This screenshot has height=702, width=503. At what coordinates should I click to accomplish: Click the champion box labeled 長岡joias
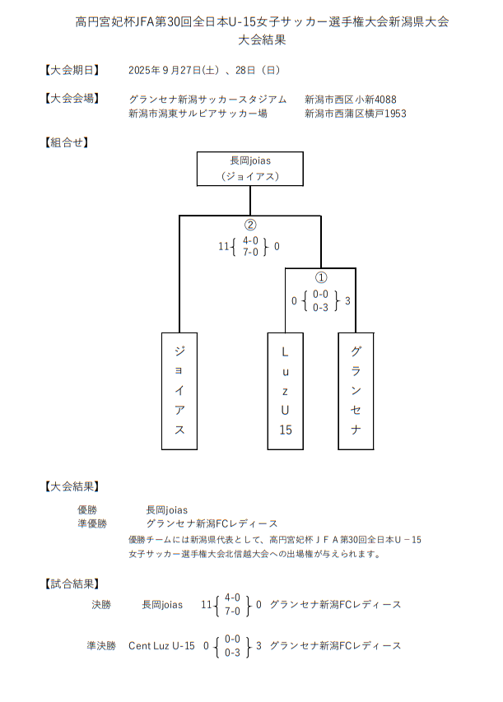(250, 169)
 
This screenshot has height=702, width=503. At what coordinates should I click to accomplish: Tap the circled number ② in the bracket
(250, 225)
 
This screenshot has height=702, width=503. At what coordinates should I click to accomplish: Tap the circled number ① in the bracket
(321, 278)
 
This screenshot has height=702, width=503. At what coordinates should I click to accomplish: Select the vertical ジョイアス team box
(179, 390)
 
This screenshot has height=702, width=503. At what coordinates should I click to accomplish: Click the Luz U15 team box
(286, 390)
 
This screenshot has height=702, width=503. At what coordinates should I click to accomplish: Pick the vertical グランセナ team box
(356, 390)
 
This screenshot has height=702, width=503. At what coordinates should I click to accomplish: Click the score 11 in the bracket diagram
(223, 246)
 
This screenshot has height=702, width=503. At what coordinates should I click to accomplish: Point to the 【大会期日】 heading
(72, 70)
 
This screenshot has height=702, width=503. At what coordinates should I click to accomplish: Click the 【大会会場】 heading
(72, 99)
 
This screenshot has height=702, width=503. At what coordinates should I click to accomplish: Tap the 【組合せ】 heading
(66, 142)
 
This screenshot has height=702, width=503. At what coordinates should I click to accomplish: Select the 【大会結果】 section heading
(72, 486)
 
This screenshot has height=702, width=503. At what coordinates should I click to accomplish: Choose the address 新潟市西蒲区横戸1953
(356, 114)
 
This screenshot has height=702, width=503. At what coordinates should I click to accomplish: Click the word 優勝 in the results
(87, 509)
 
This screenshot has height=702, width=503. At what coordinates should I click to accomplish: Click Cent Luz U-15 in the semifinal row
(161, 646)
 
